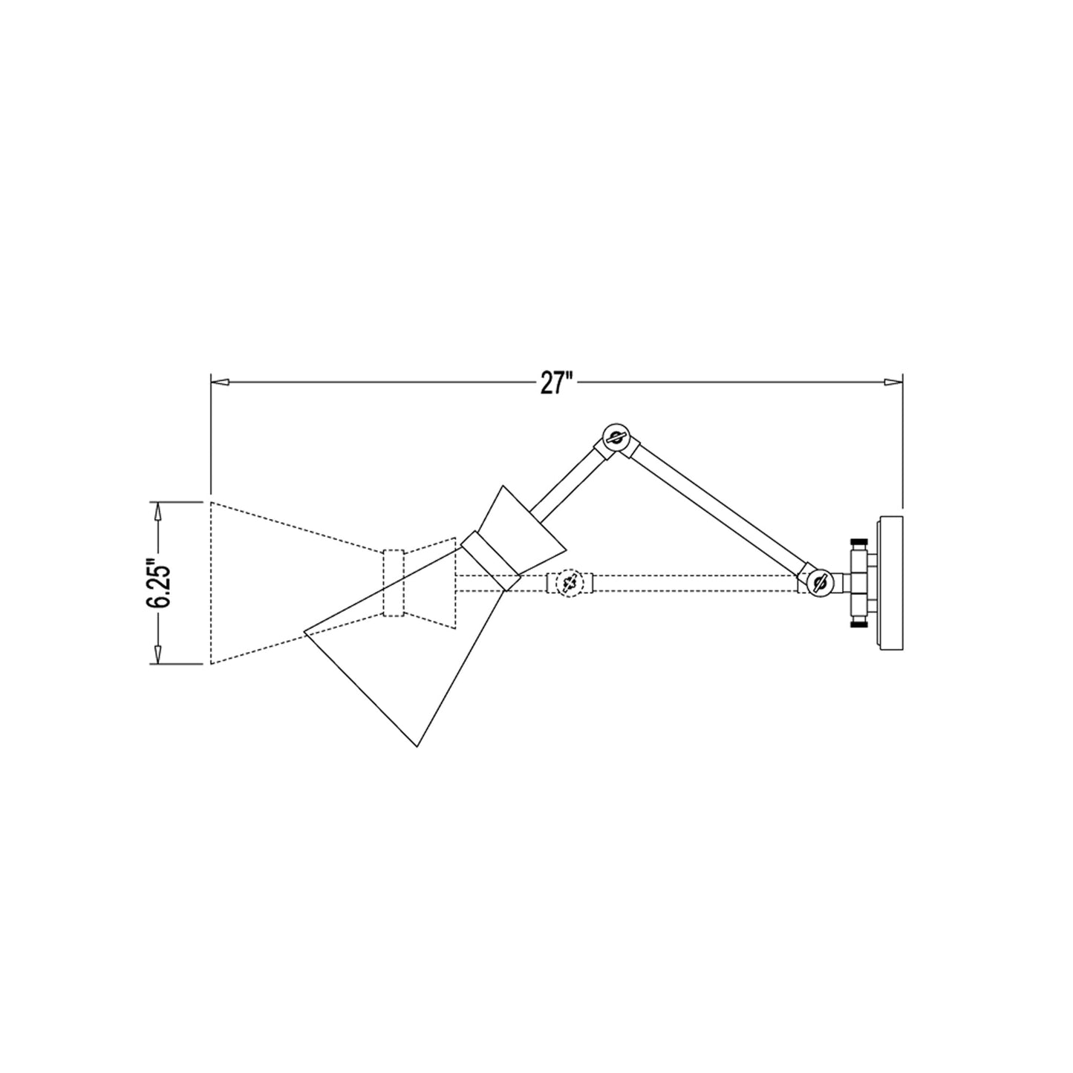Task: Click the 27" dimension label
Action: pyautogui.click(x=557, y=383)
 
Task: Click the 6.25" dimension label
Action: pyautogui.click(x=159, y=583)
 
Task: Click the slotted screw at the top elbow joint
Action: pyautogui.click(x=616, y=437)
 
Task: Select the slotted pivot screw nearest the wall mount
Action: pyautogui.click(x=819, y=583)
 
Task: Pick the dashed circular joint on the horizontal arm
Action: pyautogui.click(x=570, y=583)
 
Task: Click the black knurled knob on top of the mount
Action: pyautogui.click(x=859, y=544)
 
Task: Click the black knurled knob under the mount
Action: pyautogui.click(x=859, y=624)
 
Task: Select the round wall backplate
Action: pyautogui.click(x=890, y=583)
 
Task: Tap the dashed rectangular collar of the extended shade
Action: pyautogui.click(x=393, y=583)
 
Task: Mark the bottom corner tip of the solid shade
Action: pyautogui.click(x=416, y=744)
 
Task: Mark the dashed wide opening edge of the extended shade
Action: pyautogui.click(x=212, y=583)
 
